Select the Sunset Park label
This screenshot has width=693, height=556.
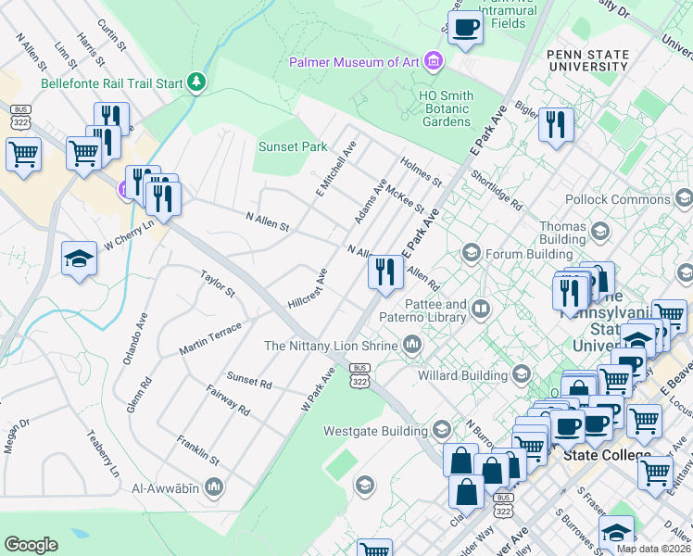293,146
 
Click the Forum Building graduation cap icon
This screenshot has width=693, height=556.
472,253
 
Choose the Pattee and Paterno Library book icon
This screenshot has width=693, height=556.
480,309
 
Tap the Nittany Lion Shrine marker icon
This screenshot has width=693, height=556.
412,346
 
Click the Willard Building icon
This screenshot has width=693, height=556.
521,374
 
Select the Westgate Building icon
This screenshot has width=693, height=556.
440,430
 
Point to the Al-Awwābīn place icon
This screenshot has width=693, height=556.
214,486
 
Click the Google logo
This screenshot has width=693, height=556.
31,545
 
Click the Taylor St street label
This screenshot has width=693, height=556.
219,283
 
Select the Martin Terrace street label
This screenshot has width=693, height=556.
210,338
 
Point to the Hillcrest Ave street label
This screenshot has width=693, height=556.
309,288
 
